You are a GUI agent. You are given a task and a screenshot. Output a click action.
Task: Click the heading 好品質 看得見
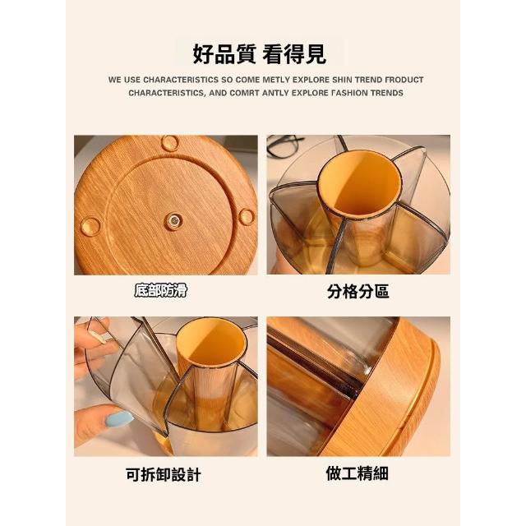259,54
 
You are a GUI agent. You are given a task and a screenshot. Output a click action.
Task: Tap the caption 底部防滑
160,290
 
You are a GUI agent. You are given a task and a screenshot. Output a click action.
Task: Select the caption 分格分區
358,291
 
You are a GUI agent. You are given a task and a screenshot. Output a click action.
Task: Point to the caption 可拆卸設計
164,475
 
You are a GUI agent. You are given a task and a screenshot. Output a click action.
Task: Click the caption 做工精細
357,473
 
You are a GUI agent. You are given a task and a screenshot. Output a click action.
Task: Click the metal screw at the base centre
174,221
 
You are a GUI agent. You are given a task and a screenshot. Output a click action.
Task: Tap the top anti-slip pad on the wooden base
170,142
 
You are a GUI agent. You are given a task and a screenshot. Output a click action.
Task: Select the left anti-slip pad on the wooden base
90,226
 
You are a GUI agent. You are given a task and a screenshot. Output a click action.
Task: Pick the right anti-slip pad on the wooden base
247,217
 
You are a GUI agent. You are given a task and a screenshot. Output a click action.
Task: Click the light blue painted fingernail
118,419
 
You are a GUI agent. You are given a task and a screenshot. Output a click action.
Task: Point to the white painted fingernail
99,336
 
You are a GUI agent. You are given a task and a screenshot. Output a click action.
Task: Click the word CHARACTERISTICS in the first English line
181,80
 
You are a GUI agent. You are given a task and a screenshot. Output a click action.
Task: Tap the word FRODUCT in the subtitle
404,80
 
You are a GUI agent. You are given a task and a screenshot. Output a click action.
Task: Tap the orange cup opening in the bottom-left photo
212,341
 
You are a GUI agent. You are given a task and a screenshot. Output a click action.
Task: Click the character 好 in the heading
203,54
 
